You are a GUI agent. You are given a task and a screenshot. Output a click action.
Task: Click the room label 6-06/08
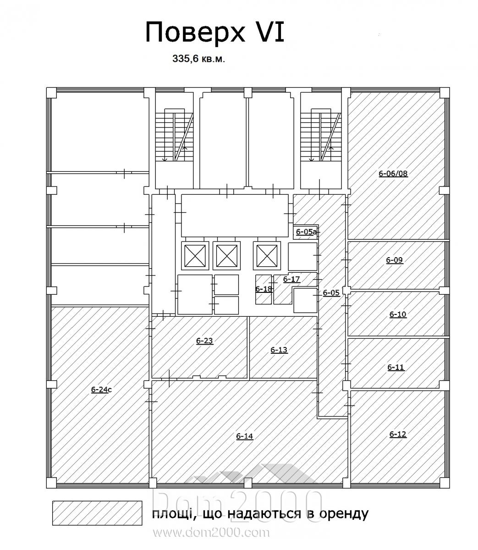point(393,174)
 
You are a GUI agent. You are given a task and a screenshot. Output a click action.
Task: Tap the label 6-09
point(395,260)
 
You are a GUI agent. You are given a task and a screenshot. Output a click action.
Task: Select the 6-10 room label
point(398,314)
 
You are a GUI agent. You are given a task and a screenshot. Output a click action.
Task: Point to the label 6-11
point(396,367)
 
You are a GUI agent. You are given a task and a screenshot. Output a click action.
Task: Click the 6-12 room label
point(398,434)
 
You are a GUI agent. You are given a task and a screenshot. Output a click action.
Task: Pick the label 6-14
point(245,436)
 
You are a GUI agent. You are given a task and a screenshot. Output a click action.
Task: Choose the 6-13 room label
point(279,350)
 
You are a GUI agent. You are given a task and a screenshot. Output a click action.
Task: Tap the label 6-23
point(204,341)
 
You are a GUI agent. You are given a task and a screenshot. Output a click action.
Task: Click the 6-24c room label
point(101,390)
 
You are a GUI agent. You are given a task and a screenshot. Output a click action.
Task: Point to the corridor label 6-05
point(331,293)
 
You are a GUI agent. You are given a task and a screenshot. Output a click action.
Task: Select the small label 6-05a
point(306,231)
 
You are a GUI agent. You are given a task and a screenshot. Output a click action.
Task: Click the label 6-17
point(291,279)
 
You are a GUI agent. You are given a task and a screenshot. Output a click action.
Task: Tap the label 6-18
point(264,289)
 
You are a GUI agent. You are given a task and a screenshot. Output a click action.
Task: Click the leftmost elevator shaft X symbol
point(195,256)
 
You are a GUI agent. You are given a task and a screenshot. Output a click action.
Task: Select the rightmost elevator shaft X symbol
point(267,256)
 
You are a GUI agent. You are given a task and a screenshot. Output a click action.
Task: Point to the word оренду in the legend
point(344,514)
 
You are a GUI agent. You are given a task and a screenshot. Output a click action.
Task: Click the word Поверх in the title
point(195,33)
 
